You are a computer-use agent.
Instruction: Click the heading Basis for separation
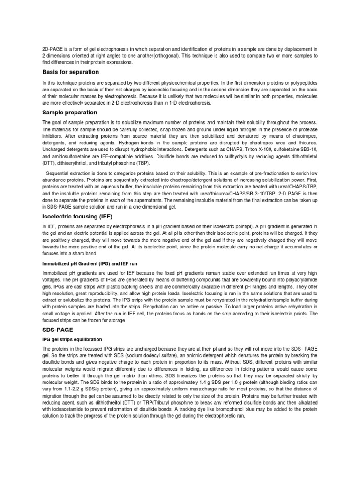point(70,72)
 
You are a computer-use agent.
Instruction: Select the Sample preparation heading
point(70,112)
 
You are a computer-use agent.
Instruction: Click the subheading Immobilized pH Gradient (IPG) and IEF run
point(90,264)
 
